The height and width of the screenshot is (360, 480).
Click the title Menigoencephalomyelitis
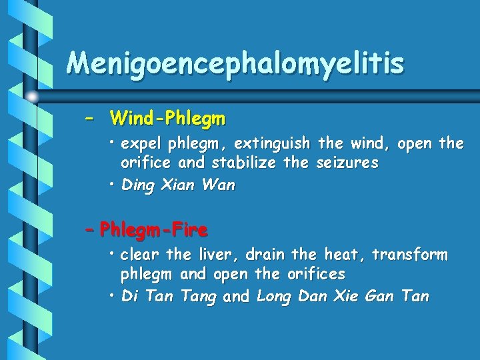click(x=235, y=64)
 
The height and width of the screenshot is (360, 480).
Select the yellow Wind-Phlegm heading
click(x=168, y=119)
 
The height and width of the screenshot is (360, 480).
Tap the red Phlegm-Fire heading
click(x=153, y=231)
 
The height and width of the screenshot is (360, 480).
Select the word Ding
click(x=139, y=185)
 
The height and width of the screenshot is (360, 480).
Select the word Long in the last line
click(x=273, y=297)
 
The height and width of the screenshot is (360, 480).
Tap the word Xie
click(x=347, y=297)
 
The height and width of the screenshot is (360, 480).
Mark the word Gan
click(x=382, y=297)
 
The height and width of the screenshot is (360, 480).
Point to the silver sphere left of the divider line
click(x=32, y=97)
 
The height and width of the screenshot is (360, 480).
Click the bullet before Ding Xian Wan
click(x=113, y=185)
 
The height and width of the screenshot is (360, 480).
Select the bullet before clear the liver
click(x=113, y=255)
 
